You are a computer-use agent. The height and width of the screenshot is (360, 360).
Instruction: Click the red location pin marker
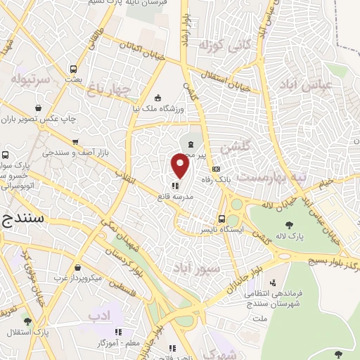click(181, 166)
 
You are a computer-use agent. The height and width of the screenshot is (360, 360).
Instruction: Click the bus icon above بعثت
click(73, 69)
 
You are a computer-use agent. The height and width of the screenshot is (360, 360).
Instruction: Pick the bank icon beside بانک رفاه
click(216, 169)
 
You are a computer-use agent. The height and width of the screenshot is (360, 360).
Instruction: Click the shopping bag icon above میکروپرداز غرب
click(75, 268)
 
